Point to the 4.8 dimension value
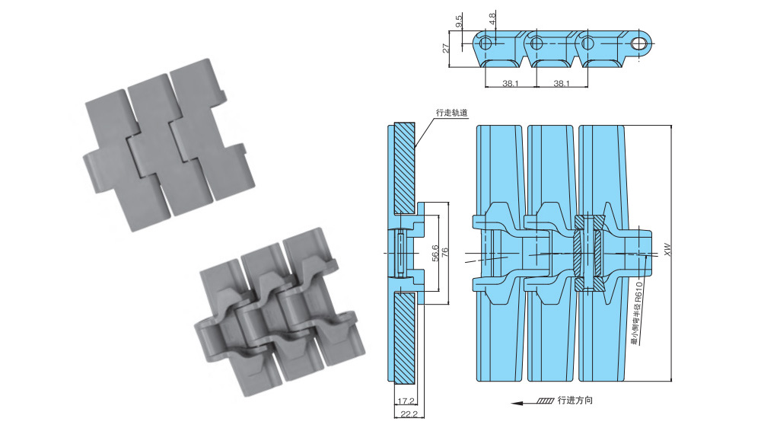click(x=492, y=18)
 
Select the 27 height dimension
click(x=446, y=47)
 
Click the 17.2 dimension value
click(x=404, y=401)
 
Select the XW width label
click(x=667, y=249)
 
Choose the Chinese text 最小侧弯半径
click(x=635, y=329)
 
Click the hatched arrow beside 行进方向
click(x=546, y=401)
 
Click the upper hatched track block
click(x=403, y=168)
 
